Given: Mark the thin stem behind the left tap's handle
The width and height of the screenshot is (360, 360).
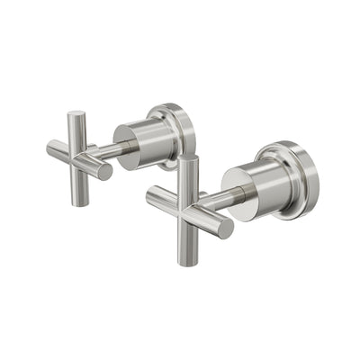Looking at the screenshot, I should pyautogui.click(x=113, y=148).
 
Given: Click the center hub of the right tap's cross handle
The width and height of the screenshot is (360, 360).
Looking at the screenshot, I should pyautogui.click(x=191, y=205).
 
